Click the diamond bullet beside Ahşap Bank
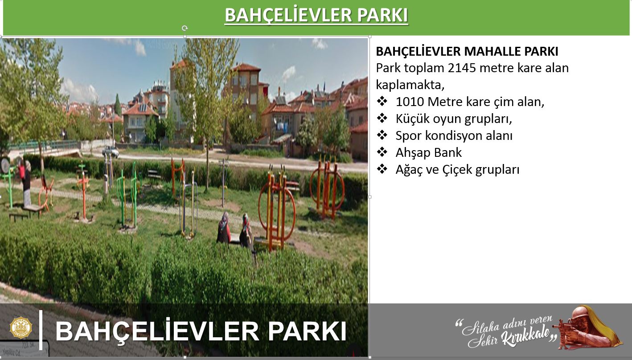click(382, 152)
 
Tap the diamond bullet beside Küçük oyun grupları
click(382, 118)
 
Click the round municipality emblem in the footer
click(21, 327)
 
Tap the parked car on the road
click(111, 151)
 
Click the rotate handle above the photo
click(185, 28)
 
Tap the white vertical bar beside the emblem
click(41, 330)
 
